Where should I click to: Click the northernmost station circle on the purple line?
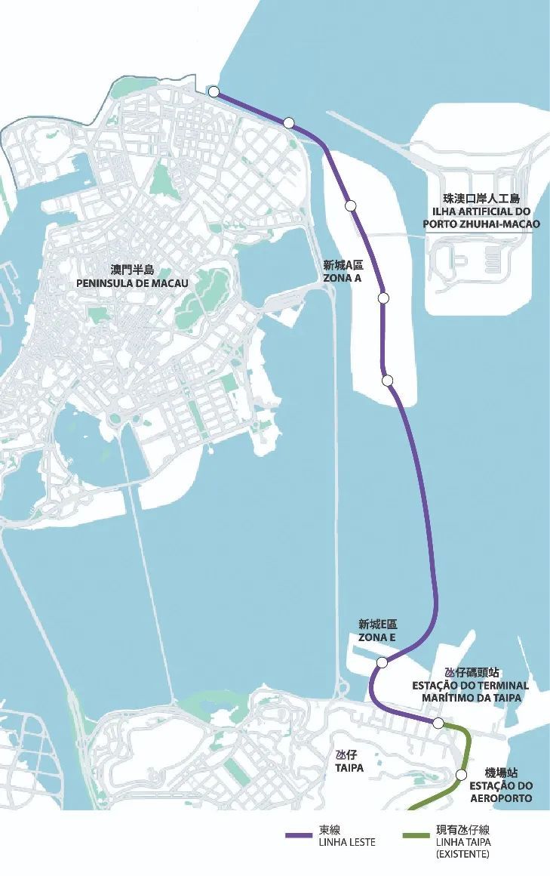214,91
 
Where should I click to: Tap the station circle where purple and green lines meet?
438,723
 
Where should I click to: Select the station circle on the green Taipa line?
462,774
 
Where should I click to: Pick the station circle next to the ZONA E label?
383,663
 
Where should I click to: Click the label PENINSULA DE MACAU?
132,282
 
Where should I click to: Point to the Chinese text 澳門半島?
132,270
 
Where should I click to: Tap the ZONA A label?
343,278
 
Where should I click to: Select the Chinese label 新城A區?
343,265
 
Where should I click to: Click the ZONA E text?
377,637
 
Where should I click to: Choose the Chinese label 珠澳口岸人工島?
481,199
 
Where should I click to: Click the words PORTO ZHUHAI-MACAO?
481,224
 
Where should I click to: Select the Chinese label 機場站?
501,773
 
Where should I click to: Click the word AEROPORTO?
501,798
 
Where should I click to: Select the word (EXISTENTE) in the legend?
462,854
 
